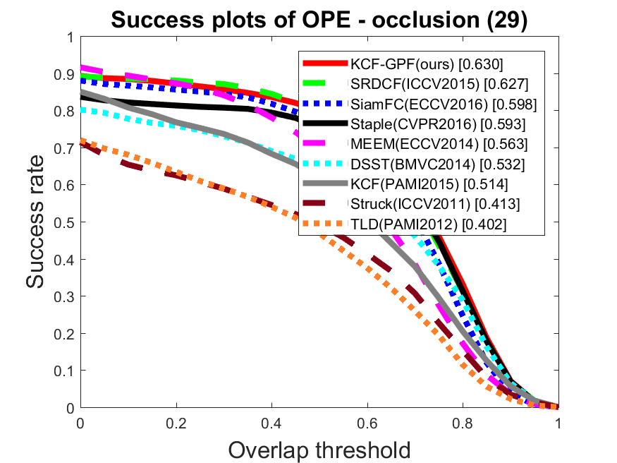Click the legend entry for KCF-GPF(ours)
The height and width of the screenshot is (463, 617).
pyautogui.click(x=427, y=64)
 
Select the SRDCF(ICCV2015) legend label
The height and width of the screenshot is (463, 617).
pyautogui.click(x=439, y=84)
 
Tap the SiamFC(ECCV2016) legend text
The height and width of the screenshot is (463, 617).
pyautogui.click(x=444, y=104)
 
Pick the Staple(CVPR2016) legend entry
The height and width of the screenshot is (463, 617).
pyautogui.click(x=438, y=124)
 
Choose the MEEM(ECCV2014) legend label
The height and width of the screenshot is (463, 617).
pyautogui.click(x=439, y=144)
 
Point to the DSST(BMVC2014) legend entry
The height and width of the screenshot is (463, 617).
pyautogui.click(x=437, y=164)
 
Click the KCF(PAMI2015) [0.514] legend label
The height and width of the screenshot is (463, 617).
pyautogui.click(x=429, y=184)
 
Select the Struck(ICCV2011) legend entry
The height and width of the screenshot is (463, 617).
pyautogui.click(x=435, y=204)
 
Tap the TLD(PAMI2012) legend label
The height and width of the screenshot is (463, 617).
pyautogui.click(x=428, y=224)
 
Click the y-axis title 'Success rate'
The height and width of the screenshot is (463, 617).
pyautogui.click(x=35, y=222)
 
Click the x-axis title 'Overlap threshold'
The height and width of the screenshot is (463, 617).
pyautogui.click(x=319, y=450)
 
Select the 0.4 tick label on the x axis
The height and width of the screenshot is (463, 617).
pyautogui.click(x=271, y=423)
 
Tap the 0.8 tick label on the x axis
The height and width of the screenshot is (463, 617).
pyautogui.click(x=463, y=423)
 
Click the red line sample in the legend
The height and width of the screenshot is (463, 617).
pyautogui.click(x=325, y=63)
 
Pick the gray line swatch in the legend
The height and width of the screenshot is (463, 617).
pyautogui.click(x=325, y=183)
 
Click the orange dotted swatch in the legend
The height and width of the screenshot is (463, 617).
pyautogui.click(x=325, y=224)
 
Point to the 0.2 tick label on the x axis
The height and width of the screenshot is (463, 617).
pyautogui.click(x=176, y=423)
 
